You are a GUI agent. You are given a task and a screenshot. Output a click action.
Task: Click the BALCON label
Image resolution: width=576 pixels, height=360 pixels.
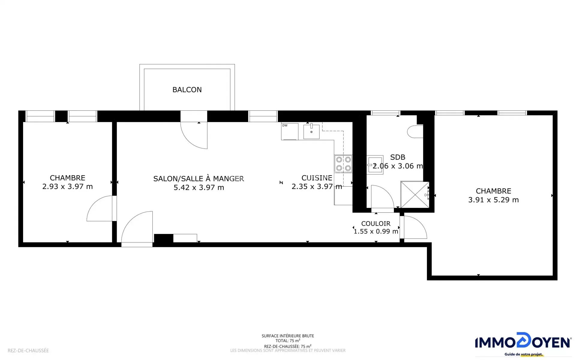pos(187,90)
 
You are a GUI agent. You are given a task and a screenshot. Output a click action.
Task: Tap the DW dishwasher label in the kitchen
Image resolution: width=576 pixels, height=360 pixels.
pos(285,125)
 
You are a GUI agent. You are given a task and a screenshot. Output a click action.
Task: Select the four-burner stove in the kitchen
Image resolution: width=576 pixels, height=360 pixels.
pos(343,164)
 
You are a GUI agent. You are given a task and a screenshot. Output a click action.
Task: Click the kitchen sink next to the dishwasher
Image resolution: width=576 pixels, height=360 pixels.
pos(311,131)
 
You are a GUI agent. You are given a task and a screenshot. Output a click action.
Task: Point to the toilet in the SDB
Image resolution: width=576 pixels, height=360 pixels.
pos(415,131)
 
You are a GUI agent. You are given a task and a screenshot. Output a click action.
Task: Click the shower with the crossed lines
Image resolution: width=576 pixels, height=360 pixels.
pos(415,195)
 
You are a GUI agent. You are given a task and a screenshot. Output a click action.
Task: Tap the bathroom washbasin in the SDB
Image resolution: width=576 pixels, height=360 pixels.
pos(375,165)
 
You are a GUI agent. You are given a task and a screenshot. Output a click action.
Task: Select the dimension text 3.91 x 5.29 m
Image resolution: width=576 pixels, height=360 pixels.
pos(493,200)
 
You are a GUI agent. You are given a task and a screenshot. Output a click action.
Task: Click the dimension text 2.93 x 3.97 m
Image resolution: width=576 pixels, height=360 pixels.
pos(67,187)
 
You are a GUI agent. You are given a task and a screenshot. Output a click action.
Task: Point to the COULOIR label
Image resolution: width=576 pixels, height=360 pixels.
pos(376,223)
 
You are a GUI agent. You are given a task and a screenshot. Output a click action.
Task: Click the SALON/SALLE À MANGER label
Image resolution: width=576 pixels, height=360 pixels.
pos(199,178)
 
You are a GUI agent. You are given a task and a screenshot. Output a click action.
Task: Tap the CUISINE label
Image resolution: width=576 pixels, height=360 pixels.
pos(317,178)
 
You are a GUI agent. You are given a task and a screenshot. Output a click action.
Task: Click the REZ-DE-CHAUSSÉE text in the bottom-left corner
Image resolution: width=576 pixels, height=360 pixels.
pos(28,350)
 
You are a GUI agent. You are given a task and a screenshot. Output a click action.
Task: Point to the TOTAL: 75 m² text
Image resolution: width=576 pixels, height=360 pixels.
pos(288,341)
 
